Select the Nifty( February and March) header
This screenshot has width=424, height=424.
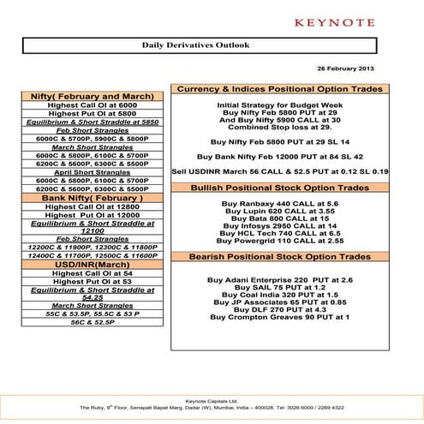pos(93,96)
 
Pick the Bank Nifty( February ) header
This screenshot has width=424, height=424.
pos(93,198)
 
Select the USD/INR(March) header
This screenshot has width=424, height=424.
pos(93,264)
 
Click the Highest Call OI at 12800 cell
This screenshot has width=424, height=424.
pos(93,206)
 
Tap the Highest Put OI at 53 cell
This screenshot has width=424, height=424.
pos(93,281)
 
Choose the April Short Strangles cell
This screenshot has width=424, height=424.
pos(93,172)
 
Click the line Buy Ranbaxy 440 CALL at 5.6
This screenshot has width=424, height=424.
pos(279,203)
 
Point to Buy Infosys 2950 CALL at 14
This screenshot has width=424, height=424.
pos(279,225)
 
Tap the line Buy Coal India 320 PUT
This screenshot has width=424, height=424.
pos(279,295)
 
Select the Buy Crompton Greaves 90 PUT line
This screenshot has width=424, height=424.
pos(279,317)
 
